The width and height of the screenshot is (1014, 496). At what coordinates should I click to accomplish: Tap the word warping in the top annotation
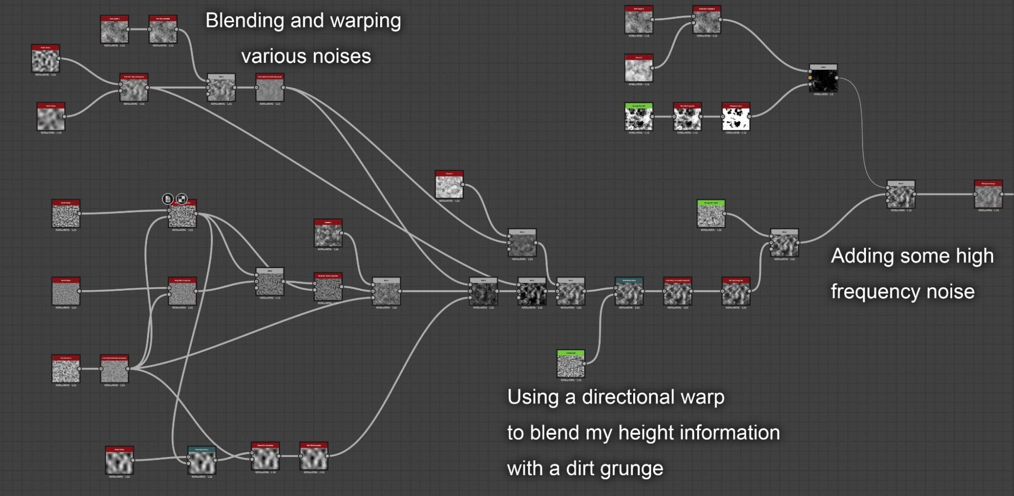click(x=365, y=21)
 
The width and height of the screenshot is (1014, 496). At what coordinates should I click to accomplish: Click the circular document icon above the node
click(x=168, y=199)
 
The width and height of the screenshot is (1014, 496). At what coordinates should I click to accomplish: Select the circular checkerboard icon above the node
click(x=182, y=199)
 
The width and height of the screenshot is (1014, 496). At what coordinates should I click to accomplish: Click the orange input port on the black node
click(x=810, y=78)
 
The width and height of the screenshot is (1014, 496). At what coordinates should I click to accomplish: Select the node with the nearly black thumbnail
click(x=823, y=79)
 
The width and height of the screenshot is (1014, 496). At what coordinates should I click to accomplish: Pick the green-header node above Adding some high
click(x=711, y=214)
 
